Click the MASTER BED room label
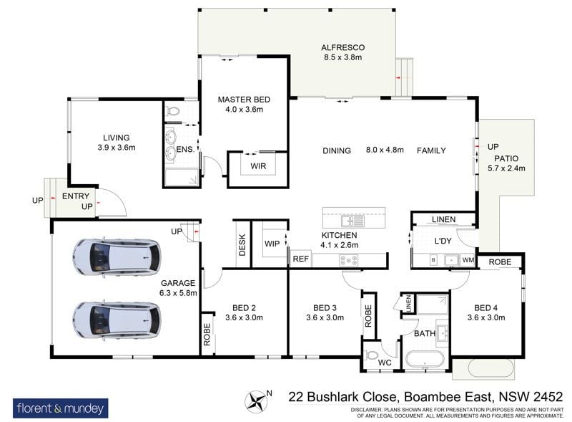pos(244,100)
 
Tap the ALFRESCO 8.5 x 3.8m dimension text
pos(343,57)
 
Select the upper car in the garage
pos(117,256)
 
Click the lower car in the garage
pos(117,320)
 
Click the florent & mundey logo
pos(61,408)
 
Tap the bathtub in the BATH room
pos(425,360)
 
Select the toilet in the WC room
pos(371,355)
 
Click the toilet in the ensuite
pos(172,110)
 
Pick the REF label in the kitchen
pos(300,259)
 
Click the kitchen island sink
pos(352,221)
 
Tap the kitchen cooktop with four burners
pos(349,260)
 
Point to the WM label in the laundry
pos(468,260)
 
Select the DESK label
pos(242,244)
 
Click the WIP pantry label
pos(272,244)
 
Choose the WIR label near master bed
pos(258,166)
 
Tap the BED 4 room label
pos(485,308)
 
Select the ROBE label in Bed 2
pos(207,335)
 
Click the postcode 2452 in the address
pos(548,396)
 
